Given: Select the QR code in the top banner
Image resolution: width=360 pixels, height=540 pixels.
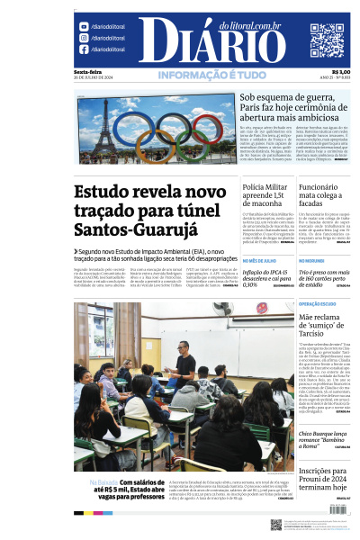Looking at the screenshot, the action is (x=327, y=40).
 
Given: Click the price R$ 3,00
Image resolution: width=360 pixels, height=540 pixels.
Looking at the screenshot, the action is (x=341, y=73).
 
